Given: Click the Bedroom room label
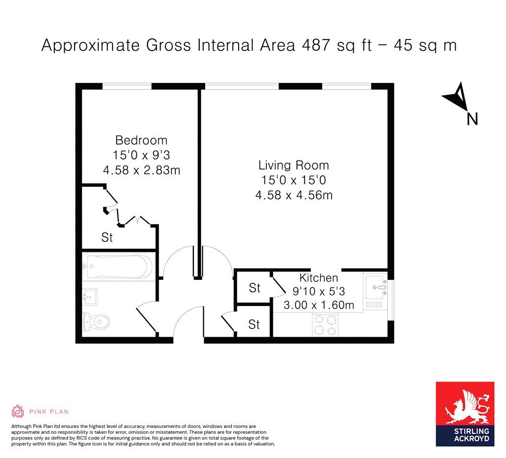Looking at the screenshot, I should click(x=141, y=140).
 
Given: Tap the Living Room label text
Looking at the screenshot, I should click(x=294, y=165).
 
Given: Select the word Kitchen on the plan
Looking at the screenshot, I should click(x=319, y=278).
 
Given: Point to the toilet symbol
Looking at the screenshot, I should click(x=96, y=322).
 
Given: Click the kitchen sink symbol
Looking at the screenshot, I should click(x=377, y=286).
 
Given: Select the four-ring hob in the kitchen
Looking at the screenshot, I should click(x=325, y=325).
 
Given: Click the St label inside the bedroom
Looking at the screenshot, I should click(x=107, y=237).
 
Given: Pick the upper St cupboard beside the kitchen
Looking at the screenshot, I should click(x=254, y=288).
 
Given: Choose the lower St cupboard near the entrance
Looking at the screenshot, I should click(x=254, y=324).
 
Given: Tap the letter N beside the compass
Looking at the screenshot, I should click(x=472, y=119).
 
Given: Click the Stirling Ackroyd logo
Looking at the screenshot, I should click(x=464, y=414).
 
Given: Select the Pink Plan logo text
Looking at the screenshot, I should click(x=48, y=411).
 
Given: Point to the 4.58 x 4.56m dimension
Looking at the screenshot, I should click(x=294, y=195).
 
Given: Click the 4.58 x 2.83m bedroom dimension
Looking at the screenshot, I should click(x=141, y=170).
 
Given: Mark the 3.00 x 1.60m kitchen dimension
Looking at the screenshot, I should click(x=319, y=305).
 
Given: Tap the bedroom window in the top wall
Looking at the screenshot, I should click(x=127, y=86).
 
